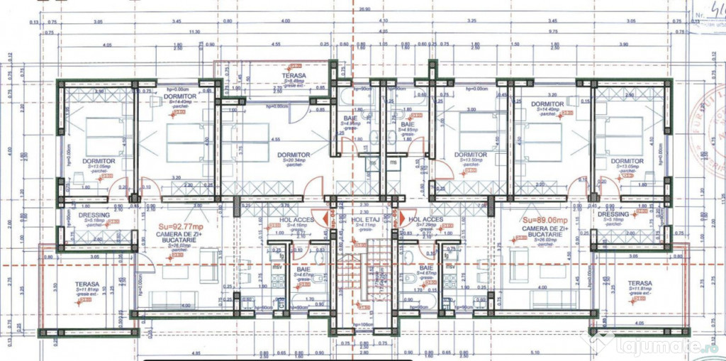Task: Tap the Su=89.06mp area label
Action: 542,220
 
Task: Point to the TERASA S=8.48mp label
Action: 293,76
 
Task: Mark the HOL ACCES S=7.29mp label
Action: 425,221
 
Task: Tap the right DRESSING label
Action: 613,215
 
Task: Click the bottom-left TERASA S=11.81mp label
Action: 87,286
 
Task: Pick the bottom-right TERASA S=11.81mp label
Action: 640,284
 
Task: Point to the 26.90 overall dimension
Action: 364,9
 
